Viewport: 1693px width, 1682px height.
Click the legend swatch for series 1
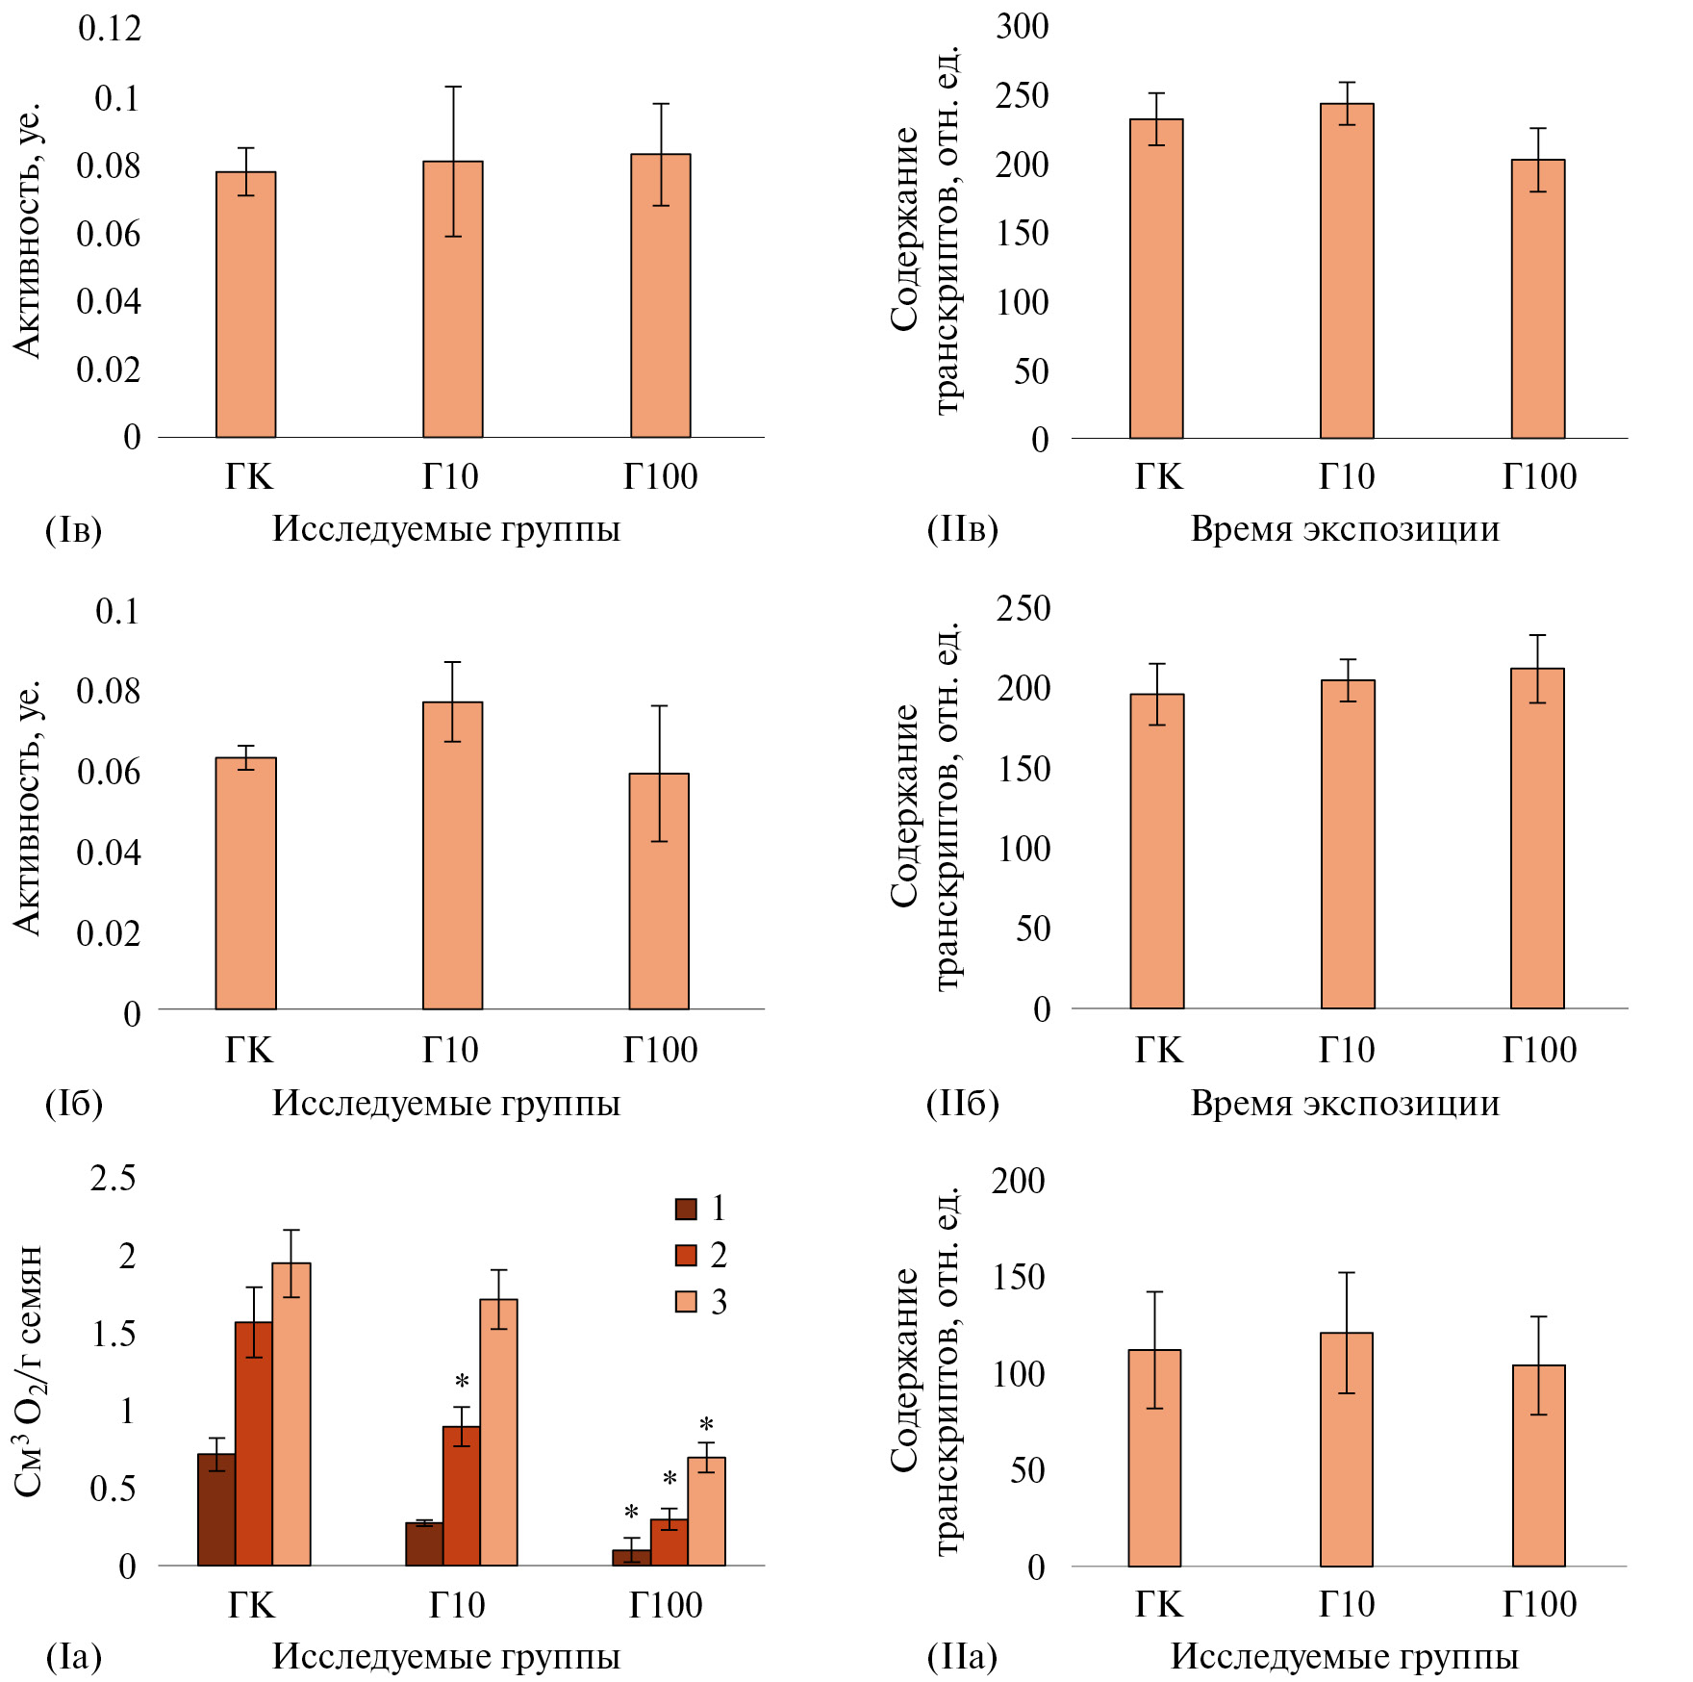coord(686,1209)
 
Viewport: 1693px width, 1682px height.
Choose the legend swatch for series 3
coord(686,1302)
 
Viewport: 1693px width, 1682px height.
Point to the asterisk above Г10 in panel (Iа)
coord(463,1383)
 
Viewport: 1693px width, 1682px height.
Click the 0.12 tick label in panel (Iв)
coord(110,29)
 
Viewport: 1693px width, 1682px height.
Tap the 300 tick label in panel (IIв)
coord(1022,26)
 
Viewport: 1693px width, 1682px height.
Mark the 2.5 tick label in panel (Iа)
coord(113,1178)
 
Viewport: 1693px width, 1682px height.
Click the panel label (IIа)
coord(962,1656)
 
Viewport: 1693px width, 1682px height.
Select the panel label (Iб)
coord(74,1103)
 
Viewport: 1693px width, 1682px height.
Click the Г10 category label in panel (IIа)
coord(1347,1603)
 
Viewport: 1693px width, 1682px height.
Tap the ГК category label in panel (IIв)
coord(1158,476)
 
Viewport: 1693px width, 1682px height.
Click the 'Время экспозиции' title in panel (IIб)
coord(1345,1103)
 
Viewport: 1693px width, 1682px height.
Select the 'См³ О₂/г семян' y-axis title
coord(29,1370)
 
